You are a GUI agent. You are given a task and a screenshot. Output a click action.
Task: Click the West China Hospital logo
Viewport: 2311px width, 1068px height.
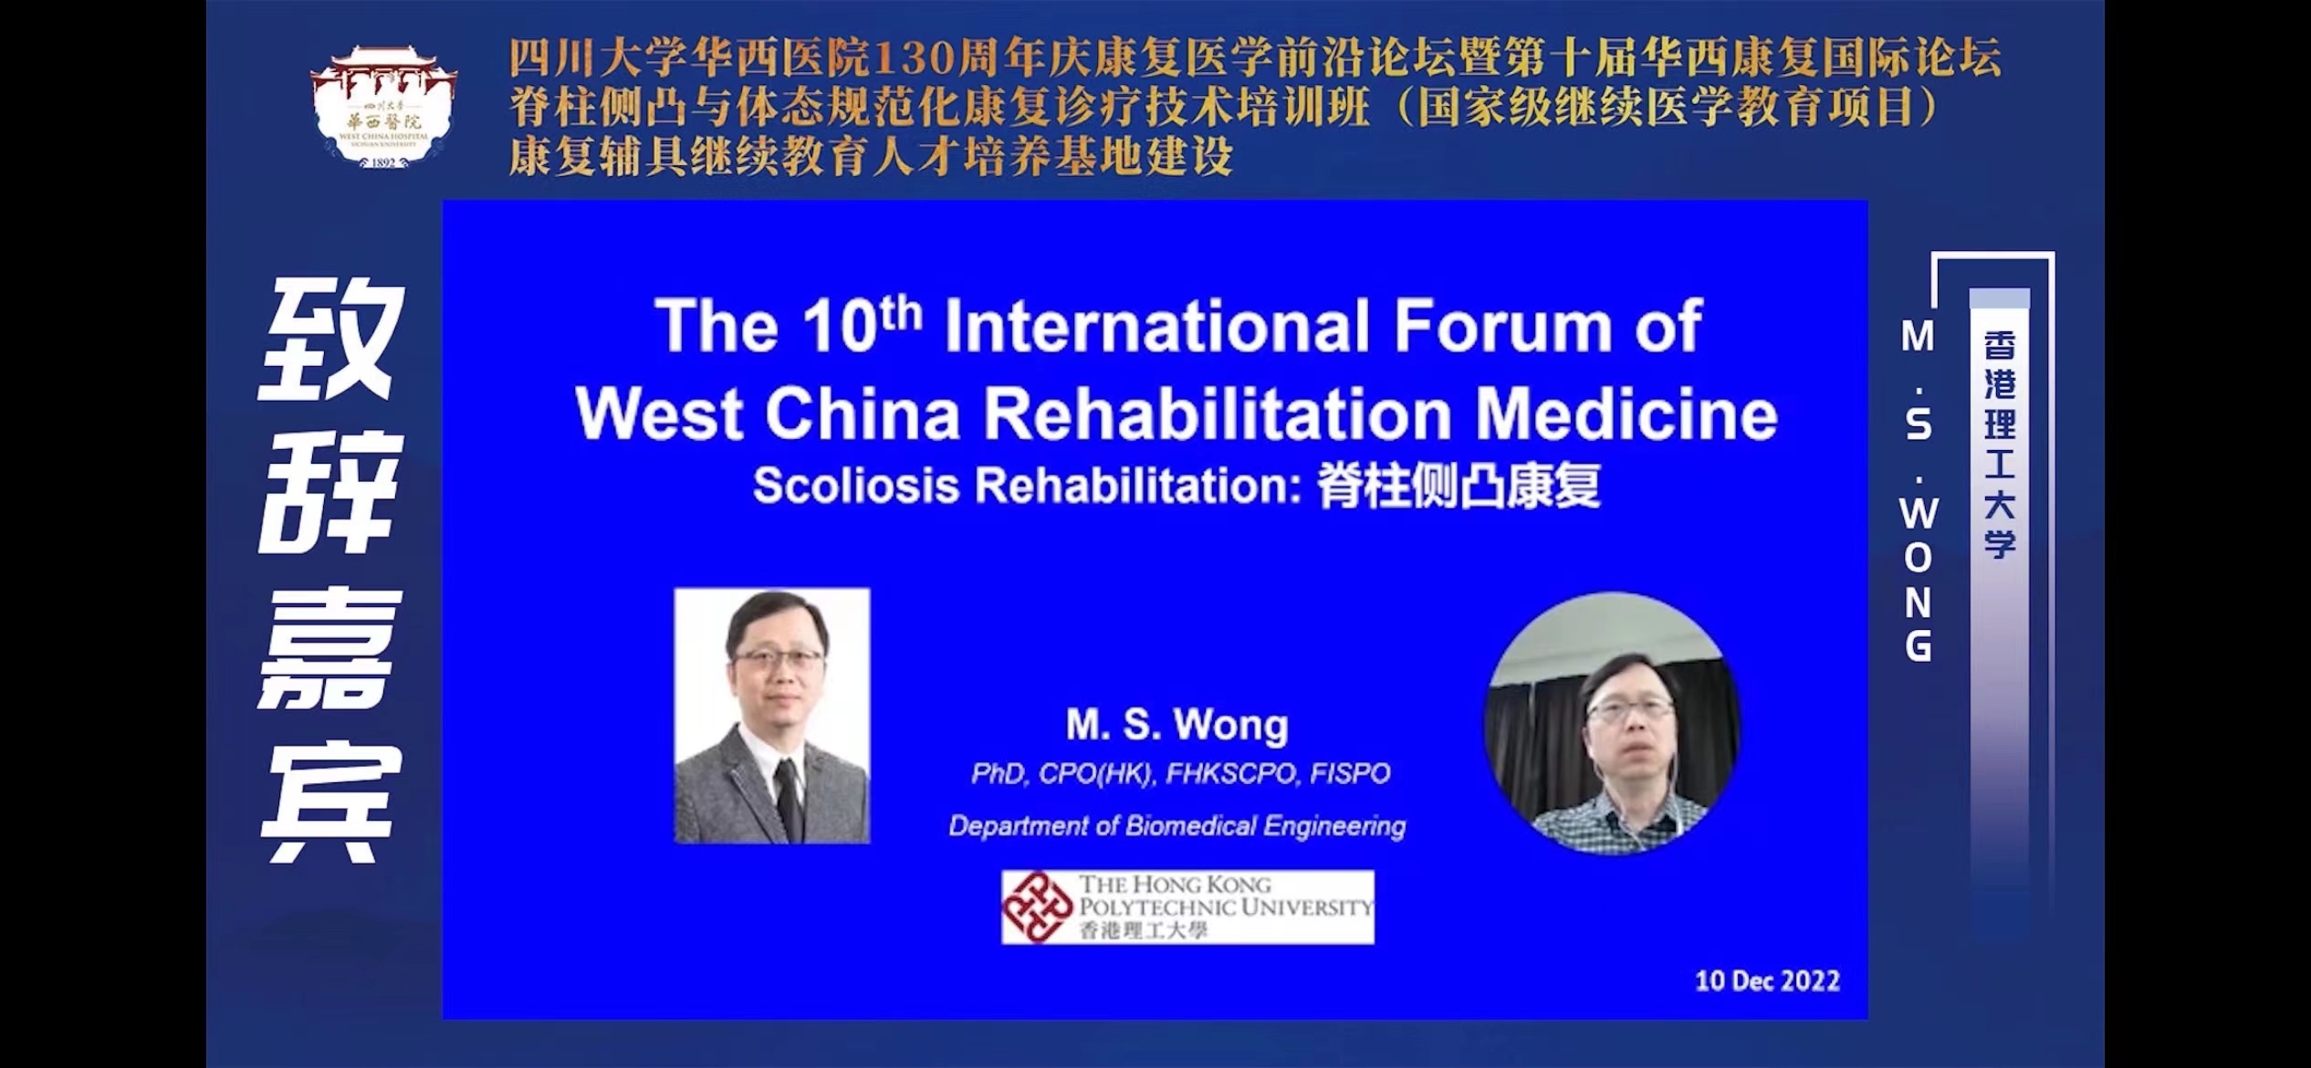383,106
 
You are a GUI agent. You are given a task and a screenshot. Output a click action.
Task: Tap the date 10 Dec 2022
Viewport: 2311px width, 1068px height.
1767,980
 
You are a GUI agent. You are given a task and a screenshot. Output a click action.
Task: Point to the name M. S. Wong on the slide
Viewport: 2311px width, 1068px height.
1177,725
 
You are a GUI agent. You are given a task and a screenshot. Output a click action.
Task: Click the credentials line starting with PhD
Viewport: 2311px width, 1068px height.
1180,774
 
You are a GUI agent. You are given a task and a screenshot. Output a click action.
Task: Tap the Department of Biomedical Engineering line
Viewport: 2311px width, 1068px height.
1177,826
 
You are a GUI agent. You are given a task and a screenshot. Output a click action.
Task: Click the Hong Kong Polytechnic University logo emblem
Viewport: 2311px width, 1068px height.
1037,906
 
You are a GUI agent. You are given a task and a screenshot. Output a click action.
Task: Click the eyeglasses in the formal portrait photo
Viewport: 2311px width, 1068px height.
778,659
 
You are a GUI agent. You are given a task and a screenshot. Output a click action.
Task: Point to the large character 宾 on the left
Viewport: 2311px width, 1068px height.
331,803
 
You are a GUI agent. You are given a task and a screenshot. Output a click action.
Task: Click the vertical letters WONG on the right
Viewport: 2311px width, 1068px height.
1918,580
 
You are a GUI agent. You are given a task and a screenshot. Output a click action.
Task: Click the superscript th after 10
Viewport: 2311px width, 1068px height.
902,313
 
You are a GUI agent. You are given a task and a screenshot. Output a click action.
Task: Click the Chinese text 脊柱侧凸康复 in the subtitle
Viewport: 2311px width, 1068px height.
1459,487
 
